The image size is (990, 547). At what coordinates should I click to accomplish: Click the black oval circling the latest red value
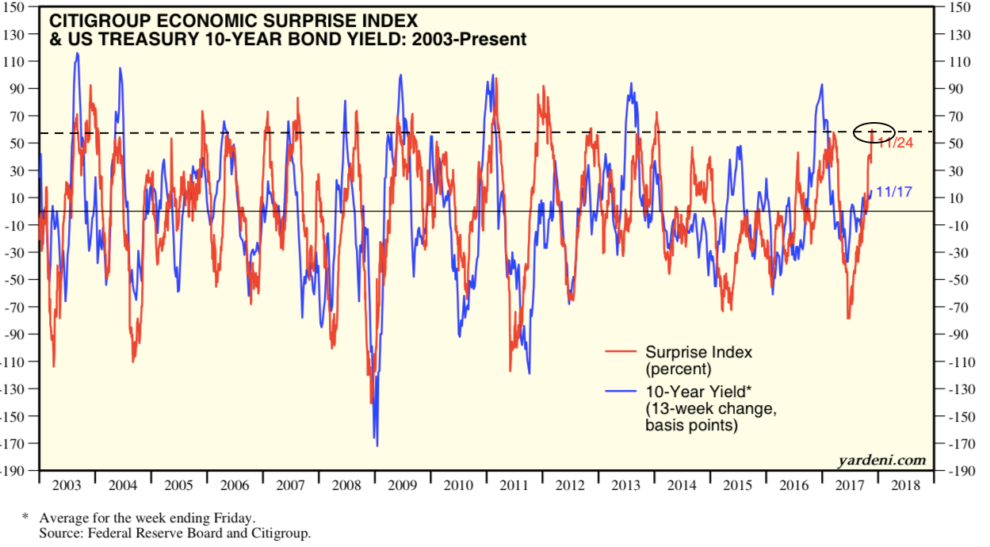(874, 132)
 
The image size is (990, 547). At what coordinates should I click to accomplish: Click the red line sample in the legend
(621, 352)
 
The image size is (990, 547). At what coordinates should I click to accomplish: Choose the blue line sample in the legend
(621, 391)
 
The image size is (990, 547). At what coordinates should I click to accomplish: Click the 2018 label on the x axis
(906, 485)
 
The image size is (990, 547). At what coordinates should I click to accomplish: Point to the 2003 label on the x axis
(66, 485)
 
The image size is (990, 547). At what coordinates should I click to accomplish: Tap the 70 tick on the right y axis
(954, 117)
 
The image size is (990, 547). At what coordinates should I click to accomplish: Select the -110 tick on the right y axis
(958, 361)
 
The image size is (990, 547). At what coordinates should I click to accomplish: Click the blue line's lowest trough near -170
(377, 445)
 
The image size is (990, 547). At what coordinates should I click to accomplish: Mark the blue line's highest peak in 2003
(77, 53)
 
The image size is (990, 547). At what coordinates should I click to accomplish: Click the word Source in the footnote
(58, 534)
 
